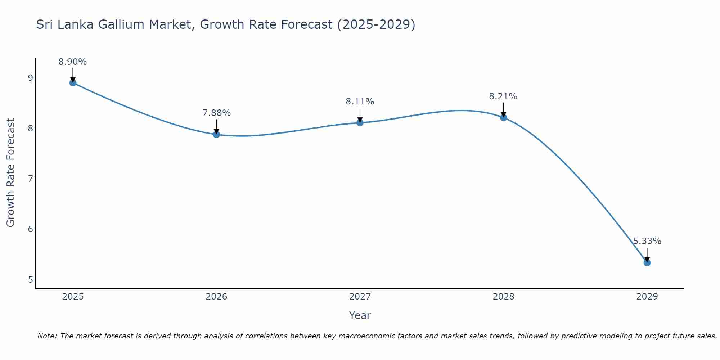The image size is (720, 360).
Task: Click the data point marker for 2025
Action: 73,83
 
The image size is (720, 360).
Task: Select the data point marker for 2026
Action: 216,134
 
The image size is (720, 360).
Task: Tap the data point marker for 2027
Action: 360,123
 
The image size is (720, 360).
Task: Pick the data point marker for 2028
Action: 503,118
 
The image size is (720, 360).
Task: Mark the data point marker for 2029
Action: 647,263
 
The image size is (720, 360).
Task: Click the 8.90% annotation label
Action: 73,62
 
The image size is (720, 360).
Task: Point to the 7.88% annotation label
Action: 216,113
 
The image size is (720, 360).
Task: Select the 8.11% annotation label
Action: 360,102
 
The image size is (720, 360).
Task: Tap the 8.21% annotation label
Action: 503,96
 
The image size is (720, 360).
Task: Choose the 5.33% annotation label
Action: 647,241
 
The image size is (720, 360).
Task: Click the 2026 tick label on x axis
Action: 216,297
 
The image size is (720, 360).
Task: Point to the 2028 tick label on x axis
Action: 503,297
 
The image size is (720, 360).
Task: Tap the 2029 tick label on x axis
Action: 647,297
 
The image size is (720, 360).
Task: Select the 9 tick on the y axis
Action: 30,78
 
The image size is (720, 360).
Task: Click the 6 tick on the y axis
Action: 30,229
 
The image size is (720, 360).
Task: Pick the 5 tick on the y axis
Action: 30,280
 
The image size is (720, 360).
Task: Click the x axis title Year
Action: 360,315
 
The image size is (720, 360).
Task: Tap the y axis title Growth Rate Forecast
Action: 11,173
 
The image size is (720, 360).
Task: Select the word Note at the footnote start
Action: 47,336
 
